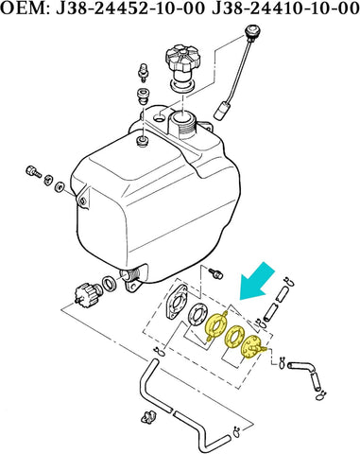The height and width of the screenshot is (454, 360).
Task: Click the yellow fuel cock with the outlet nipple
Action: [x=253, y=349]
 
